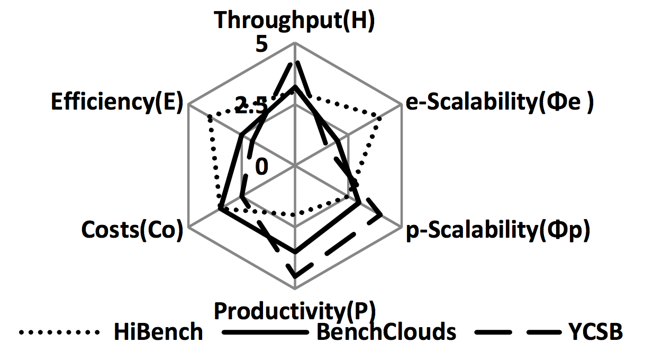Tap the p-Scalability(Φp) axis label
tap(497, 231)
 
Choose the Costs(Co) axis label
tap(132, 231)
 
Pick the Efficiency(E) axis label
tap(116, 102)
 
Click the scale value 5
tap(262, 44)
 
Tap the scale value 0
tap(262, 166)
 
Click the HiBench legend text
tap(158, 332)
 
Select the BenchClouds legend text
tap(386, 332)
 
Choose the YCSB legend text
tap(596, 332)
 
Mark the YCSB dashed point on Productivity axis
tap(295, 275)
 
